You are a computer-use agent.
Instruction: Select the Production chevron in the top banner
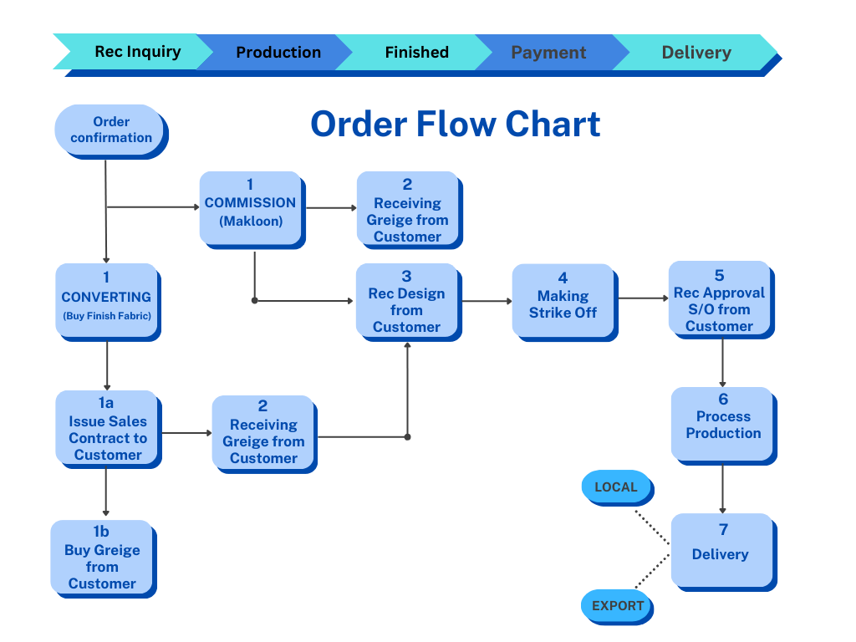tap(278, 52)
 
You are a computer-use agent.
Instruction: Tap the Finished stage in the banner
tap(416, 52)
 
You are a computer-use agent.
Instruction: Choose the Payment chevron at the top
tap(548, 52)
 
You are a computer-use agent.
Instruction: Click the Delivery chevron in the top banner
tap(695, 52)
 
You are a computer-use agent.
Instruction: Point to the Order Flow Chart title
tap(455, 125)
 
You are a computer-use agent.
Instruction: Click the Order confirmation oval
tap(110, 130)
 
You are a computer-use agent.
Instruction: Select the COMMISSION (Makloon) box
tap(250, 206)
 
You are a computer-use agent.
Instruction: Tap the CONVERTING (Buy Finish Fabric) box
tap(106, 299)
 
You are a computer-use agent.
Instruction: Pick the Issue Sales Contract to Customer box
tap(106, 428)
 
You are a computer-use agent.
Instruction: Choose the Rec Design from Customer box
tap(406, 300)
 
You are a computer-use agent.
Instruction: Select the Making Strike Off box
tap(563, 299)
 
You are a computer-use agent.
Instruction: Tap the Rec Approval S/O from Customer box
tap(719, 298)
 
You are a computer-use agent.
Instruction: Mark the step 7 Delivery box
tap(721, 548)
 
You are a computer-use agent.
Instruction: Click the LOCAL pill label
tap(615, 487)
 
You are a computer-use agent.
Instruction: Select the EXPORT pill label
tap(617, 605)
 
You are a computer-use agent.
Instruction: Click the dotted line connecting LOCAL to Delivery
tap(653, 527)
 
